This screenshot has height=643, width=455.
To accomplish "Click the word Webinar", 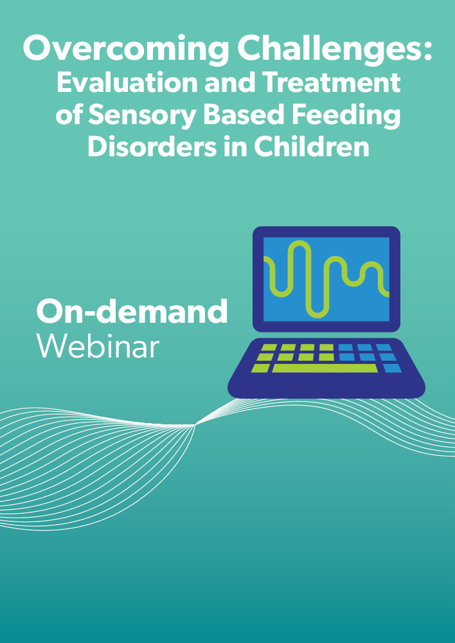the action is [98, 347].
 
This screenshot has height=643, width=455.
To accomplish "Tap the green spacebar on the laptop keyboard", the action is [325, 368].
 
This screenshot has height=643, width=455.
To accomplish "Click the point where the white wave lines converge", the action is [195, 425].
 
